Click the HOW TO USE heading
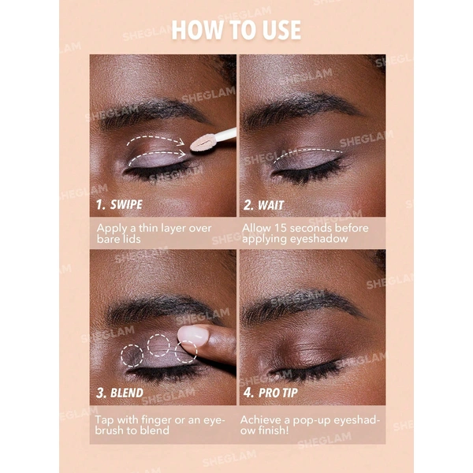click(x=236, y=30)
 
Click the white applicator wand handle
click(x=224, y=135)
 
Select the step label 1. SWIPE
click(x=119, y=204)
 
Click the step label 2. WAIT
click(x=263, y=205)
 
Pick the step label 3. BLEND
click(x=120, y=393)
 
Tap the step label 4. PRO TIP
click(x=270, y=393)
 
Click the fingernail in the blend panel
click(x=193, y=334)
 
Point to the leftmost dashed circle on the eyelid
click(x=132, y=356)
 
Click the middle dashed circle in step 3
click(x=158, y=345)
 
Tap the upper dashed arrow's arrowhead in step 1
click(x=181, y=142)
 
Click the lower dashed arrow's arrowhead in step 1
click(x=182, y=154)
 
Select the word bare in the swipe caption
click(x=106, y=239)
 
